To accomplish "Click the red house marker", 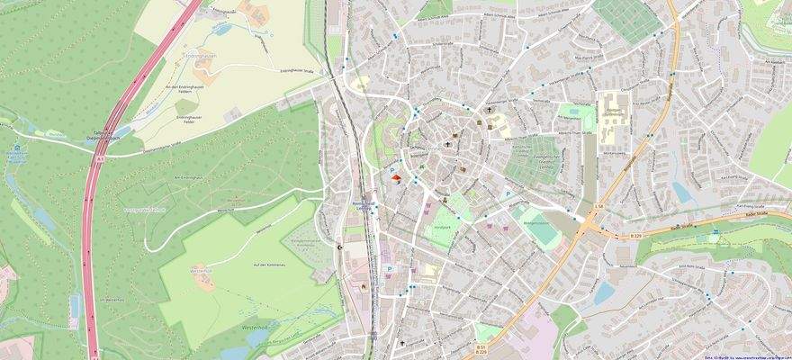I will [x=395, y=179].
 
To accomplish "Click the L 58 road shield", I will [x=599, y=206].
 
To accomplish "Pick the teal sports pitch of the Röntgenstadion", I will [x=541, y=230].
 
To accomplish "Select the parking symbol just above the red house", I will [x=392, y=168].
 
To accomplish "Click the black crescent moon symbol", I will [x=339, y=246].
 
